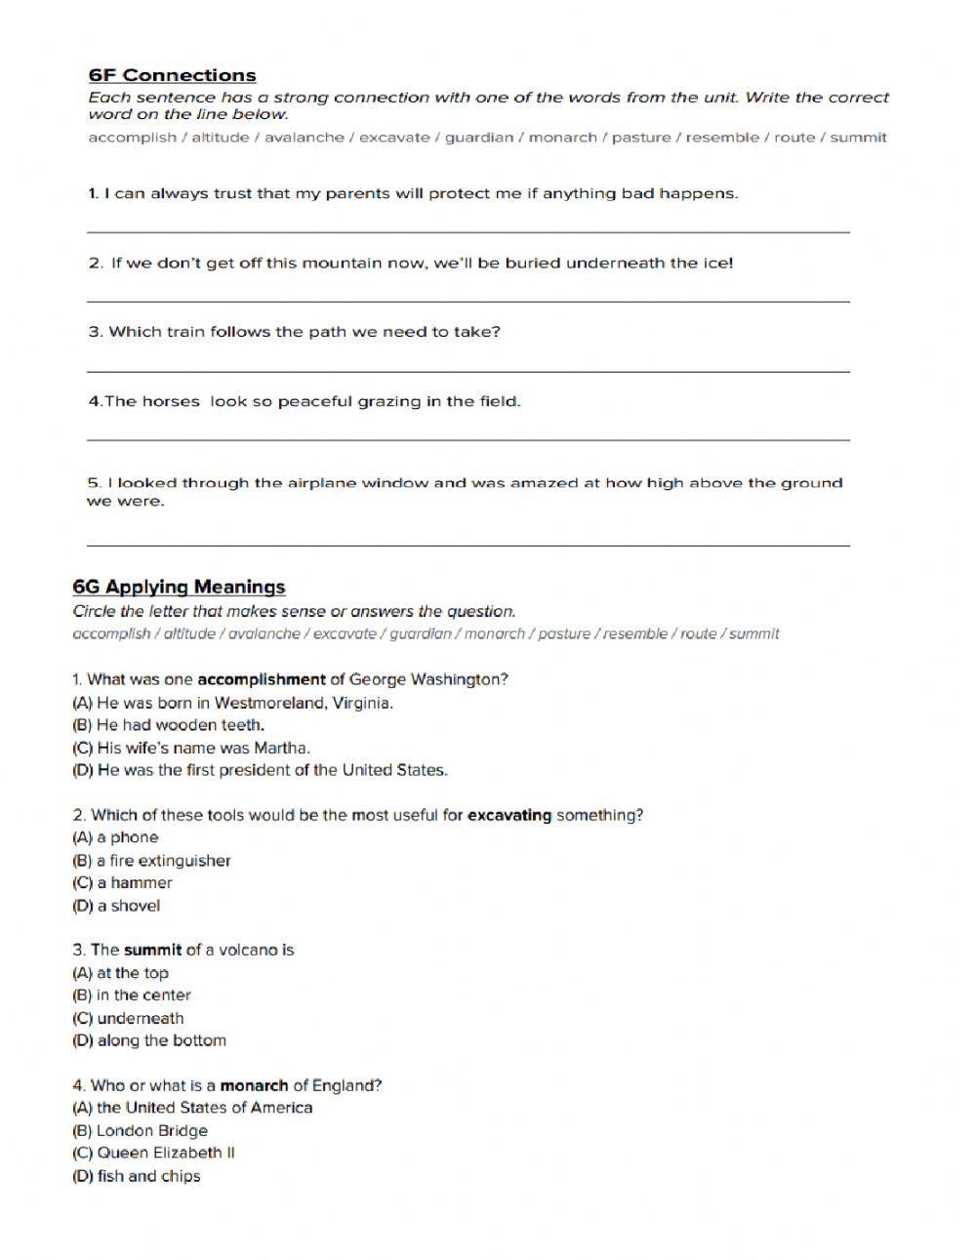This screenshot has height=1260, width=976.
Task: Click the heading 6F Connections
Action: (172, 75)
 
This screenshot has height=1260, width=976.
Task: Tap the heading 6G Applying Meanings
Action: (179, 587)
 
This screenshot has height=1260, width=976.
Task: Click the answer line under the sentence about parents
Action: (468, 230)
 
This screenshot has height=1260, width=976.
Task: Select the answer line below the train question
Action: (468, 370)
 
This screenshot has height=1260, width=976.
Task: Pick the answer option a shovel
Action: (116, 906)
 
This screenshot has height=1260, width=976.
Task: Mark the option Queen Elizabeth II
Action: (153, 1153)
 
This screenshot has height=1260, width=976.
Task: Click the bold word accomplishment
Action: (261, 679)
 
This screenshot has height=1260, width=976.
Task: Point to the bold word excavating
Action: (509, 815)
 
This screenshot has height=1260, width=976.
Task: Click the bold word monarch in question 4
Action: (254, 1085)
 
